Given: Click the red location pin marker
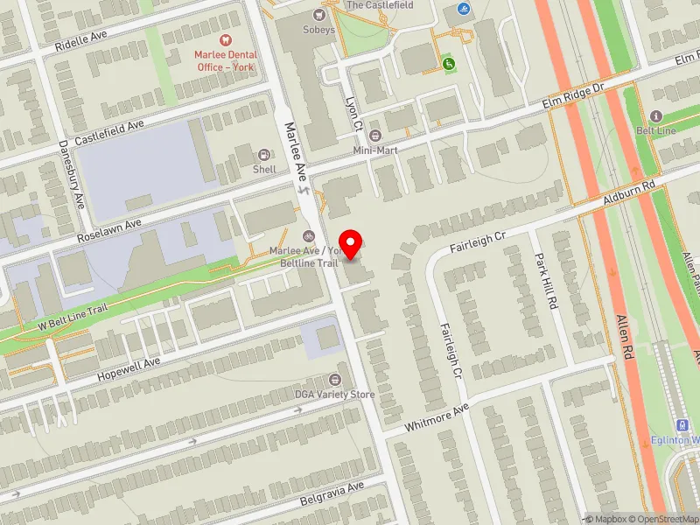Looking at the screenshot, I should coord(351,243).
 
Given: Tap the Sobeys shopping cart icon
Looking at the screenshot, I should coord(319,15).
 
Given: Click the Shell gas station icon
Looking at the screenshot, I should coord(265,154).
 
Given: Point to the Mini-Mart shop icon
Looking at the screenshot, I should coord(375,135).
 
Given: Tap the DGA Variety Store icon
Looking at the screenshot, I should coord(334,380).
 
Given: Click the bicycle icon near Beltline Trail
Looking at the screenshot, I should coord(308,235).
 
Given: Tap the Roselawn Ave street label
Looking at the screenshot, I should coord(108,230).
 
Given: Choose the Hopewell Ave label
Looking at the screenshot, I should coord(129,364).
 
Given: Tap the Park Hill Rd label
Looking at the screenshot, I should coord(546,282).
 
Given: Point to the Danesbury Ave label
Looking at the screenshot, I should coord(72,173).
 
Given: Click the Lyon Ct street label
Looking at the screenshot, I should coord(354,114).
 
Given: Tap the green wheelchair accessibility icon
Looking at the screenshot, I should coord(450,63).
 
